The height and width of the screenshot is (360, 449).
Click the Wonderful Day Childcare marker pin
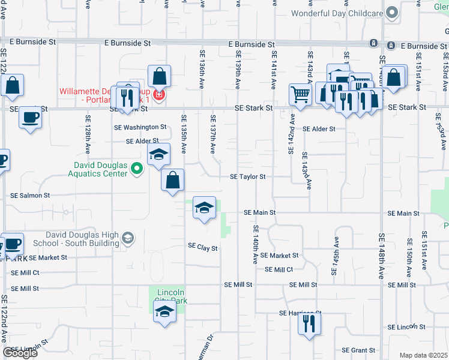392,13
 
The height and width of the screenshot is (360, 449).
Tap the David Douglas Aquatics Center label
101,169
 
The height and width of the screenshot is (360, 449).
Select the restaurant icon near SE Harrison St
310,325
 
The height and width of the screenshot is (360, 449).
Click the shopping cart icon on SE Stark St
300,94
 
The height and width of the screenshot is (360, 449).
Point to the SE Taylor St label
247,177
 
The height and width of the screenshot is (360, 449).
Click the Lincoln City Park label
169,297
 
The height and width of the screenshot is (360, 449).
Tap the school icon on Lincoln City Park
164,312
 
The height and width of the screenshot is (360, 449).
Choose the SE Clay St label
202,247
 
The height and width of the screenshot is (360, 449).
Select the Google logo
20,353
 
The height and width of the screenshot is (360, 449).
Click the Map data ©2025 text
423,355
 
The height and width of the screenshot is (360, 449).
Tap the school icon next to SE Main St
205,208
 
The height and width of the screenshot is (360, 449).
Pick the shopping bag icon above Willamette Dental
159,76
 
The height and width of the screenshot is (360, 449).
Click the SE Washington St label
140,127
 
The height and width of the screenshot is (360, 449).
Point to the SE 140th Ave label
255,245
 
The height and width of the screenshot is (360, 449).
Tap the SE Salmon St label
31,196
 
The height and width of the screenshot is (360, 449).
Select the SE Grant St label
358,350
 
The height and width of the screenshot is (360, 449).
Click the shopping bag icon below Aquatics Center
173,179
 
